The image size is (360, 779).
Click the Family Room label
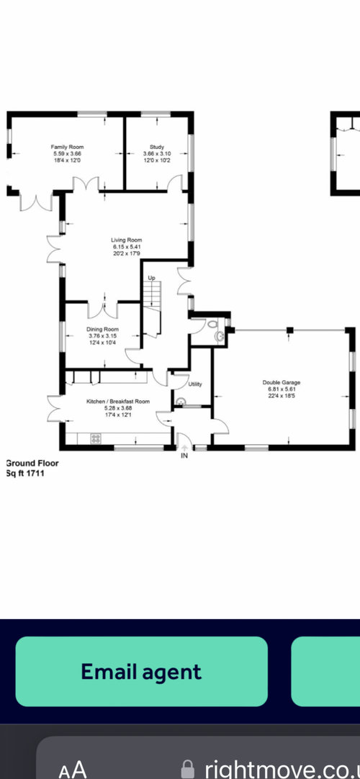pyautogui.click(x=67, y=147)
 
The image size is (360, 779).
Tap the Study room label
pyautogui.click(x=157, y=147)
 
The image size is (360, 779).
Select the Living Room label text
pyautogui.click(x=127, y=240)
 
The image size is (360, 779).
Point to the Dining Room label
pyautogui.click(x=103, y=330)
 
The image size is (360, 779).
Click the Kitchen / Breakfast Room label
pyautogui.click(x=118, y=402)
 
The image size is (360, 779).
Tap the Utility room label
pyautogui.click(x=195, y=384)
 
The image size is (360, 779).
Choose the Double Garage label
pyautogui.click(x=282, y=382)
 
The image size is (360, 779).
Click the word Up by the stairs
pyautogui.click(x=151, y=277)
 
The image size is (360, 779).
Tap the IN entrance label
pyautogui.click(x=184, y=456)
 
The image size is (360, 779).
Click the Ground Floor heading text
pyautogui.click(x=32, y=464)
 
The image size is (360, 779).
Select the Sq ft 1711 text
pyautogui.click(x=25, y=474)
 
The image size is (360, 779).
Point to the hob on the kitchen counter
pyautogui.click(x=95, y=438)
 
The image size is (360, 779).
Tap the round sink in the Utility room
pyautogui.click(x=180, y=400)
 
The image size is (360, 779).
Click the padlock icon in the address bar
pyautogui.click(x=187, y=768)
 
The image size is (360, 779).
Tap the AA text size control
pyautogui.click(x=73, y=770)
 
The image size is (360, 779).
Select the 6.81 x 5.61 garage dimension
pyautogui.click(x=282, y=389)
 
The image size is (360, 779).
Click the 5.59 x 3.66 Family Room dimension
pyautogui.click(x=67, y=154)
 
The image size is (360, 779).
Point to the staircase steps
pyautogui.click(x=153, y=298)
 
